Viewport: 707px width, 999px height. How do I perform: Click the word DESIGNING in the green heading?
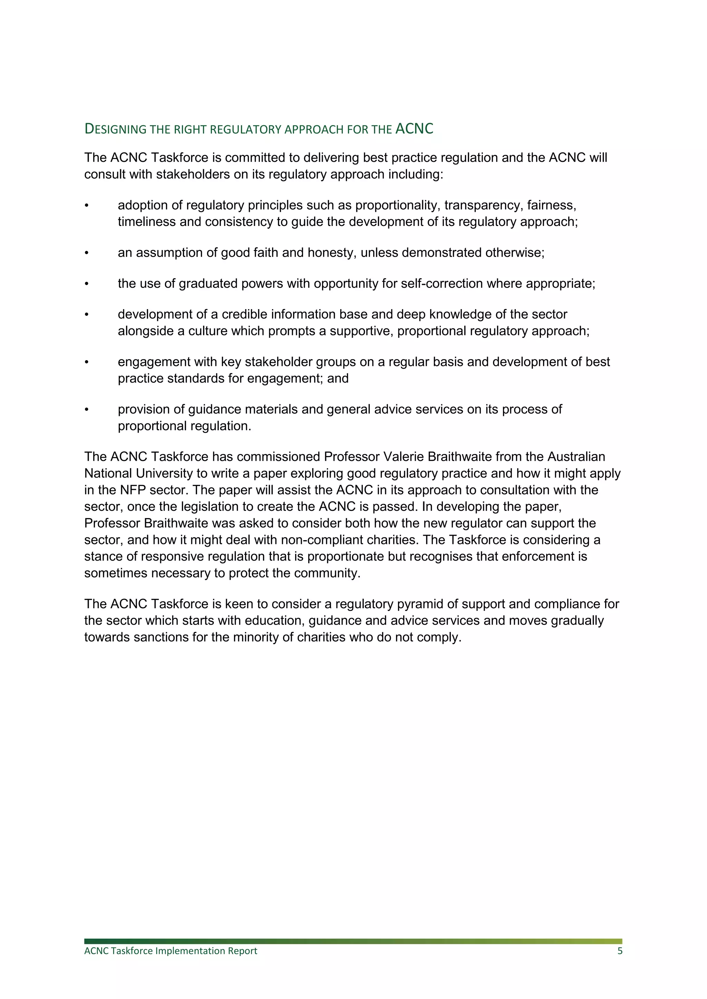tap(115, 129)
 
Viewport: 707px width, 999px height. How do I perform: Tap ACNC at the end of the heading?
tap(415, 129)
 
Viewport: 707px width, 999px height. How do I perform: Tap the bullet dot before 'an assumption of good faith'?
tap(87, 253)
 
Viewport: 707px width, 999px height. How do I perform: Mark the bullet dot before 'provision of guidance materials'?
tap(87, 409)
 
